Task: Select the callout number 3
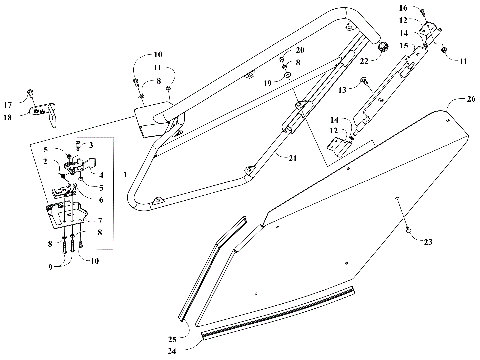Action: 92,145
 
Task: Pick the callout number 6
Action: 100,199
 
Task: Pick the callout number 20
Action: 300,50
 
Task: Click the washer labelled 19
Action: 287,76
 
